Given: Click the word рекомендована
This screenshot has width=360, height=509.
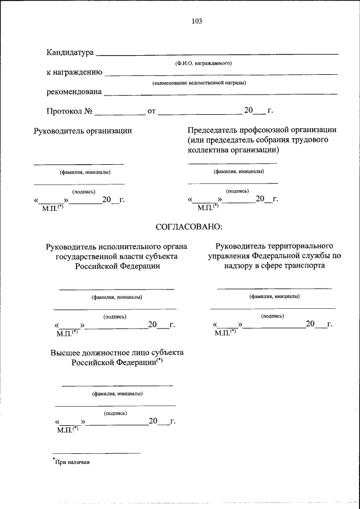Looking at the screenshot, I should [74, 92].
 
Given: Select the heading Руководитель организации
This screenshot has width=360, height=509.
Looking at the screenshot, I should [83, 131].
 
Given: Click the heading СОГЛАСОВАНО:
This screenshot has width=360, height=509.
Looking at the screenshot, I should [188, 227].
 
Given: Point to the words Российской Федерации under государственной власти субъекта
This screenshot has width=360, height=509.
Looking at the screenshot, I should [117, 266].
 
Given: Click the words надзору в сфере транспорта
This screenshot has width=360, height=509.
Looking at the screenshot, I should [273, 266].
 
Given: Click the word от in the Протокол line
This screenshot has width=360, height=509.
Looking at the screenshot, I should [151, 111].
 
